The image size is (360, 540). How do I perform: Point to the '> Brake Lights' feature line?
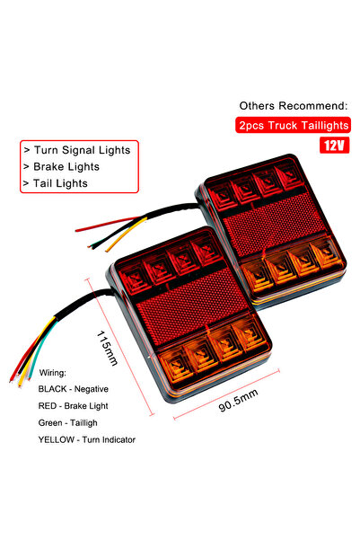[x=61, y=166]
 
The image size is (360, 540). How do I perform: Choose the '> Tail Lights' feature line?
[x=56, y=184]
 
